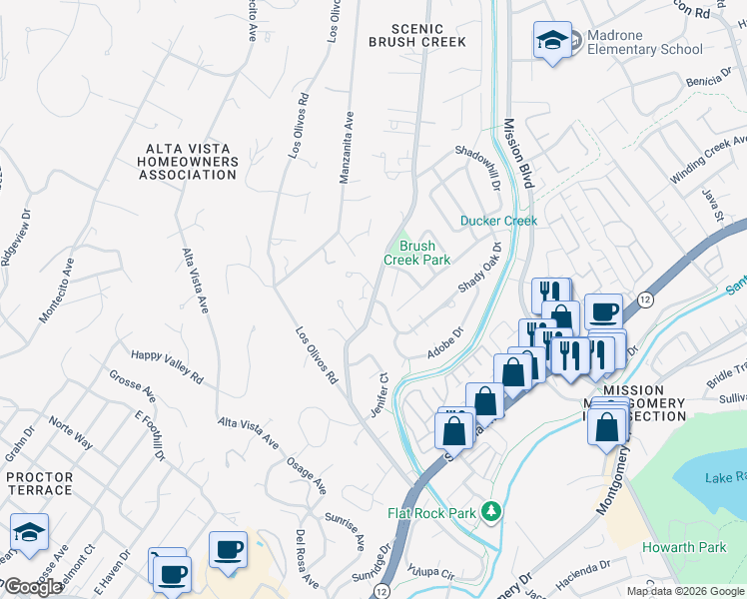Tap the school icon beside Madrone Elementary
point(552,41)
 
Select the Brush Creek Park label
point(417,253)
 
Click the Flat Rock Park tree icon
point(490,512)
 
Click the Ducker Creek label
point(498,221)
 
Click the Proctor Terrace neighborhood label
point(39,483)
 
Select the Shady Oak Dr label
point(478,270)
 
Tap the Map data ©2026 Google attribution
point(685,591)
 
